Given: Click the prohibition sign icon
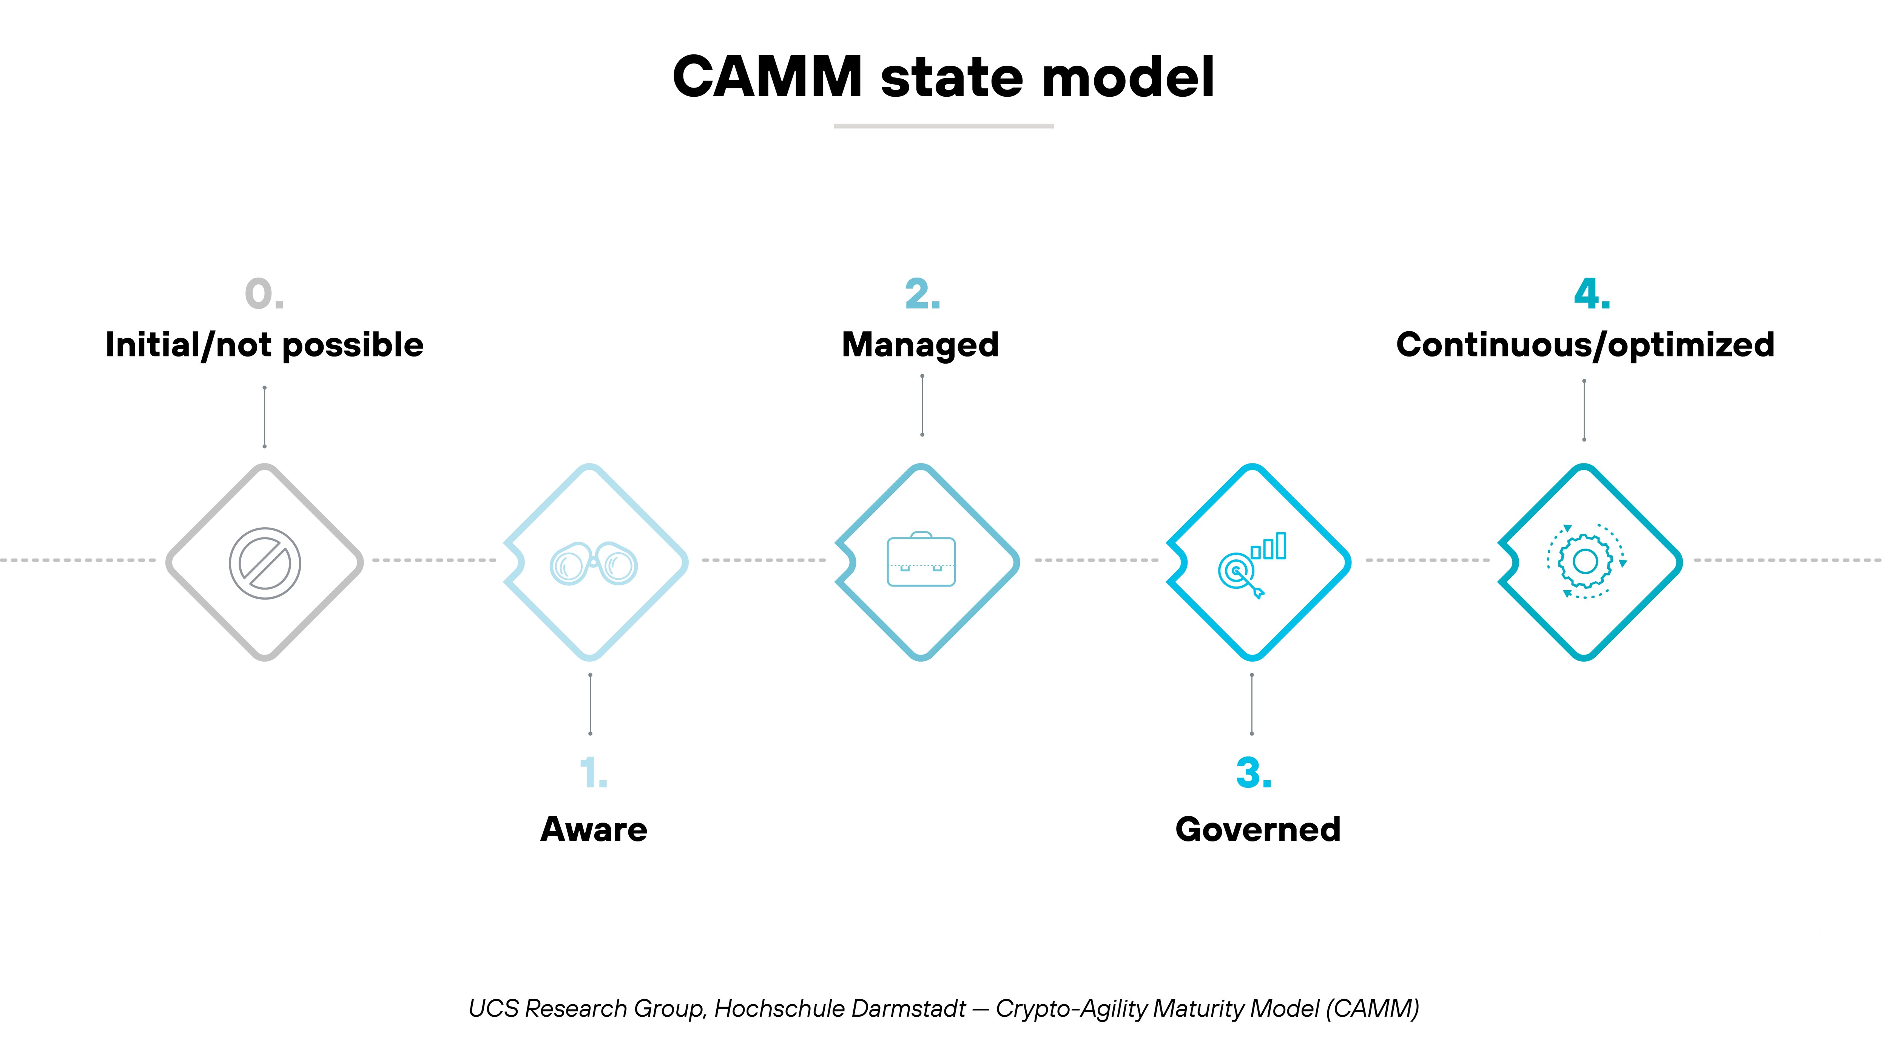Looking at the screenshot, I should tap(265, 563).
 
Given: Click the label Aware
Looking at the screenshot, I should tap(594, 829).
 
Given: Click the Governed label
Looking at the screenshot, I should tap(1258, 829).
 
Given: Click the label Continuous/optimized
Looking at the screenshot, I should tap(1584, 344).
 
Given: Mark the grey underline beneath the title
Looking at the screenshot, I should tap(943, 126).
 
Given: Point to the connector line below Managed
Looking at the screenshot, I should tap(922, 405).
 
